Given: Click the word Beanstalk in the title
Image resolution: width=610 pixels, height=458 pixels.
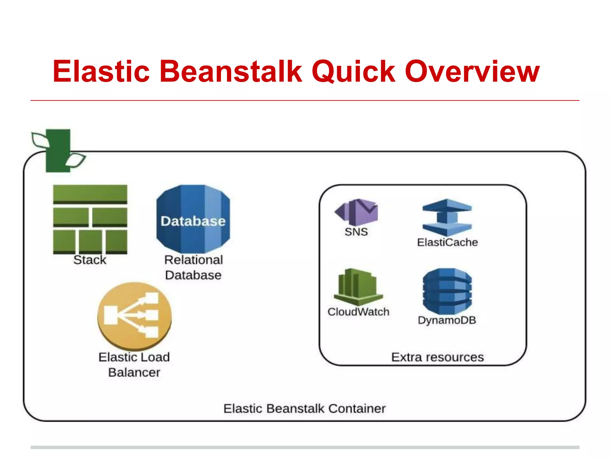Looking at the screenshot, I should coord(231,72).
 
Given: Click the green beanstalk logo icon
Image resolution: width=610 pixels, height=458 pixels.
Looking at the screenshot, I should coord(58,151).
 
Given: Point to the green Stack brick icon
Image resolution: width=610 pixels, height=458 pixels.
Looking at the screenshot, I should coord(90,219).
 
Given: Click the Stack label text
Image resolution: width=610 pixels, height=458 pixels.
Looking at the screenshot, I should coord(90,260).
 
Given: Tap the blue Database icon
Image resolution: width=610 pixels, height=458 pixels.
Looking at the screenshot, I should coord(193,219).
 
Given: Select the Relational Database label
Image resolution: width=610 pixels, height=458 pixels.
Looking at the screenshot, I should coord(193,267).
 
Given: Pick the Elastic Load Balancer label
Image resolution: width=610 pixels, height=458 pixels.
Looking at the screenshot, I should coord(134,365).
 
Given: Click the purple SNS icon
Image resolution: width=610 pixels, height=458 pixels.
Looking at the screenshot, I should coord(357,212).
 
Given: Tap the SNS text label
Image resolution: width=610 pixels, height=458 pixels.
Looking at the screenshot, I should coord(356,232).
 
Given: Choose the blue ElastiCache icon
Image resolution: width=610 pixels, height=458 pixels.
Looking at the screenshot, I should coord(447,218).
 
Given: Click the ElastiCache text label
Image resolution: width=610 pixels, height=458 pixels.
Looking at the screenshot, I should coord(447,242).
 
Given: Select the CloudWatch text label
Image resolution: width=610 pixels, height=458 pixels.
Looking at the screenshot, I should coord(358,312).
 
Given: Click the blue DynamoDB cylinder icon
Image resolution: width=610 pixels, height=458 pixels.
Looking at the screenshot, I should coord(447,291).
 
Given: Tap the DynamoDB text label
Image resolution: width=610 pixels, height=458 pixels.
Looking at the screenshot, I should coord(447,320).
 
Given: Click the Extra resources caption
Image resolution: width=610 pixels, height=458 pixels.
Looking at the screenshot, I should coord(437,357).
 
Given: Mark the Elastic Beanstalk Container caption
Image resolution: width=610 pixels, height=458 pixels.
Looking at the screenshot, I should coord(304,409).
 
